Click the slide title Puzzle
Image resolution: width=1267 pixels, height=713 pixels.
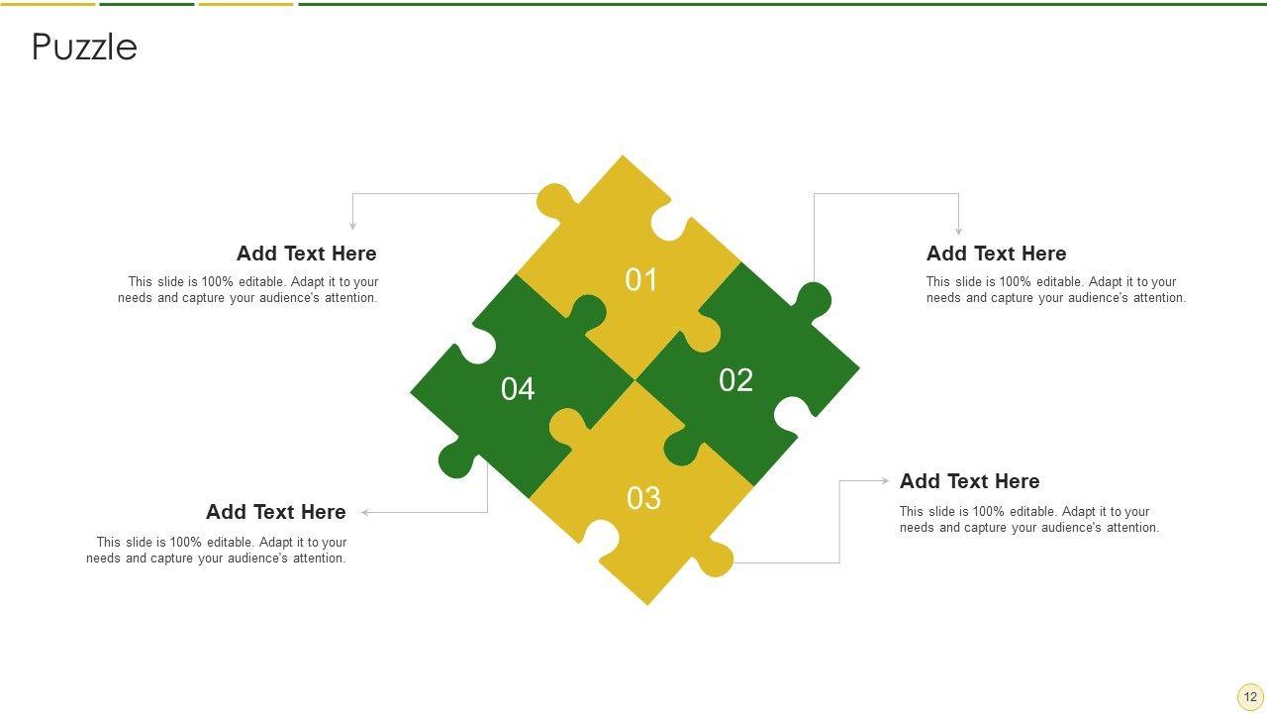(x=84, y=47)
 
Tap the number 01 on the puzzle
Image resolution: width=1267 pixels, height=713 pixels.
(x=640, y=279)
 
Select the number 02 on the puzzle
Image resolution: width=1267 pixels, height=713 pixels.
(x=735, y=379)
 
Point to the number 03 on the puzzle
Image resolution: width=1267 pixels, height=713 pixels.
(x=643, y=498)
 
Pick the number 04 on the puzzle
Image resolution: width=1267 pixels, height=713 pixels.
(x=518, y=389)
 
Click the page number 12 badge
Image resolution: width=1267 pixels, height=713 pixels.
(x=1250, y=696)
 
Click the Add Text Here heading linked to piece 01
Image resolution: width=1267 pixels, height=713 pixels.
(x=307, y=254)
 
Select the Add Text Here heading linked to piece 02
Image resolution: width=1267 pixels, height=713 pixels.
(x=996, y=254)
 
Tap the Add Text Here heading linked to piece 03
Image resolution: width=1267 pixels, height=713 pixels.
(x=969, y=481)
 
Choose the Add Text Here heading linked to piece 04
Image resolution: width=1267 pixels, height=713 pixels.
(x=276, y=512)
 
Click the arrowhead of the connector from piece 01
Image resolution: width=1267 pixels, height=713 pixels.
(x=352, y=226)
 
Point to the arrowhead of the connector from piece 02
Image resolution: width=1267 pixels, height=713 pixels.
(x=958, y=231)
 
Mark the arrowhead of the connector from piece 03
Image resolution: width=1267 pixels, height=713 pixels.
(x=885, y=481)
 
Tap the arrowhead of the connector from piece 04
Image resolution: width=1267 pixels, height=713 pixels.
(x=365, y=512)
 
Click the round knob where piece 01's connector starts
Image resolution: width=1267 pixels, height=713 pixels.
(x=555, y=201)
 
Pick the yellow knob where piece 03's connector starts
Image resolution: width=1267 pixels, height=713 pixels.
(x=715, y=560)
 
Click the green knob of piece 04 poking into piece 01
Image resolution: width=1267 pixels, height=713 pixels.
(x=588, y=313)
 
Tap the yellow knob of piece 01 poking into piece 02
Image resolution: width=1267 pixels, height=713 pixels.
(x=702, y=335)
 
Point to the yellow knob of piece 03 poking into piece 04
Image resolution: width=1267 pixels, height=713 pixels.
(x=569, y=426)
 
